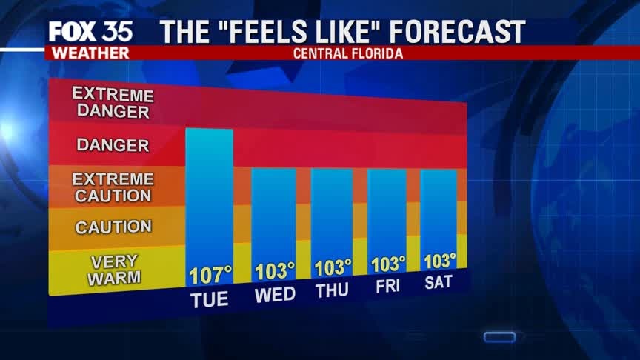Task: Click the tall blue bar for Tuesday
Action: pos(209,196)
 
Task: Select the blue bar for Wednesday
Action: pos(273,215)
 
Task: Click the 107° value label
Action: pos(210,276)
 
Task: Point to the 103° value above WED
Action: pos(275,272)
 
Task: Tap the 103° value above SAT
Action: pos(439,261)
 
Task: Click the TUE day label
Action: pos(210,300)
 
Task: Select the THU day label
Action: pos(332,290)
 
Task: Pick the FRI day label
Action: pos(387,287)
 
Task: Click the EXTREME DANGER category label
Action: pos(113,104)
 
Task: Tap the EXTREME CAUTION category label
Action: pos(113,187)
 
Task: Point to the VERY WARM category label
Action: pos(113,270)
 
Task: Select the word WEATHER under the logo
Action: pos(87,53)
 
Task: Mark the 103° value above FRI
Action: pos(388,264)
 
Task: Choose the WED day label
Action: pos(275,295)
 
